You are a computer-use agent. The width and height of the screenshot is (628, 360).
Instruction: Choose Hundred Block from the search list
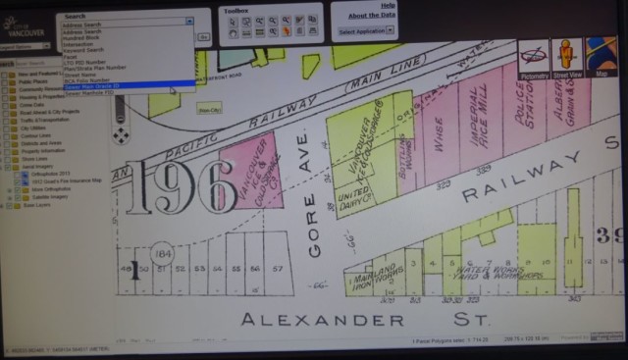pos(84,37)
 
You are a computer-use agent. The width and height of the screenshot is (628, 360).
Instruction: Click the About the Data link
pos(370,15)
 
